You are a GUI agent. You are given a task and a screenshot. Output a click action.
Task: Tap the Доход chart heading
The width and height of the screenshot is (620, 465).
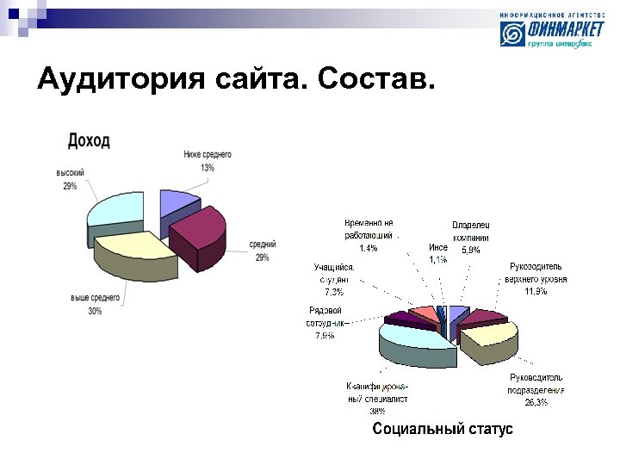tap(89, 140)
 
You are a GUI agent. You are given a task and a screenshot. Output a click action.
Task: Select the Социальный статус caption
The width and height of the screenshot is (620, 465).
tap(442, 429)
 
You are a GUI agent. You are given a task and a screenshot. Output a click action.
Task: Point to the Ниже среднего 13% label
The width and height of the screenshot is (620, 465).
tap(207, 161)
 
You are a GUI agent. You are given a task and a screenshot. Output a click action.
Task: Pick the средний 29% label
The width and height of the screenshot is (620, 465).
tap(263, 251)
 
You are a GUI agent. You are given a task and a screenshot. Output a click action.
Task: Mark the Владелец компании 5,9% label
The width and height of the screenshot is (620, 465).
tap(471, 238)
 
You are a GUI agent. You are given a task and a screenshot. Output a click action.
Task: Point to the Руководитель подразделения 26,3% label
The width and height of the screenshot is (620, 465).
tap(536, 389)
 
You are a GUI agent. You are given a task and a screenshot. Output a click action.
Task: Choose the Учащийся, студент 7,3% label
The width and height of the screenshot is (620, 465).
tap(334, 279)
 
